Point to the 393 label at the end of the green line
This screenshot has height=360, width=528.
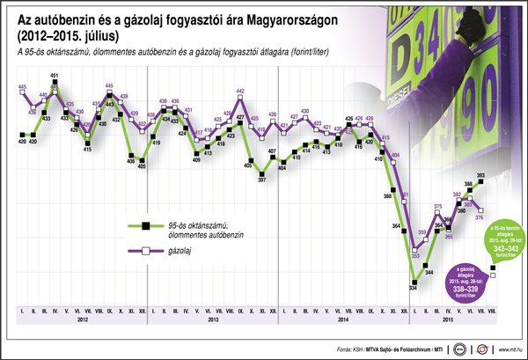(x=480, y=176)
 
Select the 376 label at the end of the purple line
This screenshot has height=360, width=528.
(x=480, y=218)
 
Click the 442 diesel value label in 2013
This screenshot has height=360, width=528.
(x=240, y=92)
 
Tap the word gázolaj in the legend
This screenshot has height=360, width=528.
(x=177, y=251)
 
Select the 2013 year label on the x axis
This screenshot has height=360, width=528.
(x=214, y=320)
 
